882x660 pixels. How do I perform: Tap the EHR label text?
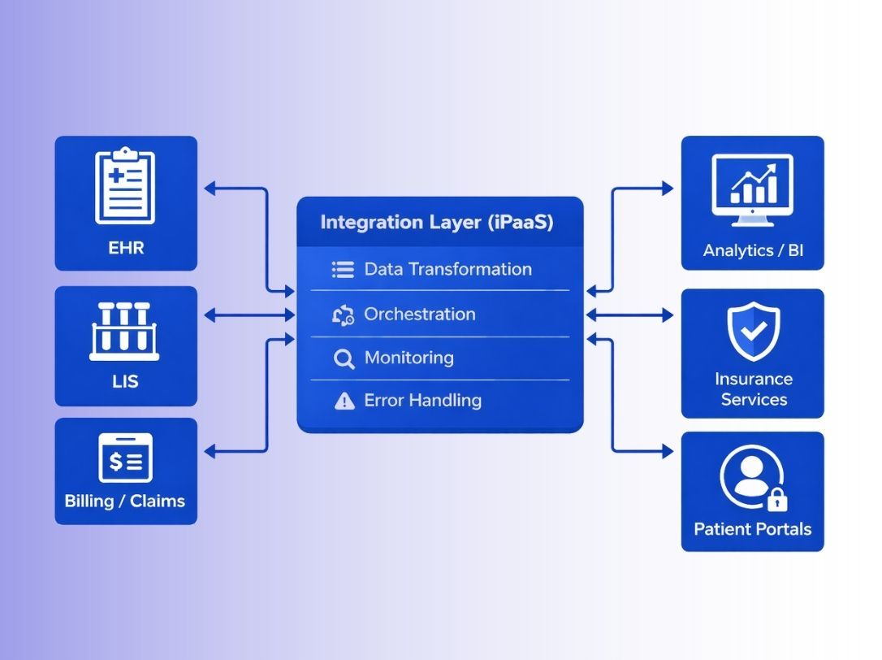tap(125, 247)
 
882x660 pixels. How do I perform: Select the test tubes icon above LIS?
tap(124, 331)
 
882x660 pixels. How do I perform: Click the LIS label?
tap(125, 380)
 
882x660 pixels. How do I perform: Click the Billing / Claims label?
tap(125, 501)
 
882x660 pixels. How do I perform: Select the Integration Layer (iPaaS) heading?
tap(437, 223)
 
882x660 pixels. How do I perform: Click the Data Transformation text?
tap(447, 269)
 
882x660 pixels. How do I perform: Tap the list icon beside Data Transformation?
tap(344, 270)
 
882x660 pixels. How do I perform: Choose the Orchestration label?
tap(420, 314)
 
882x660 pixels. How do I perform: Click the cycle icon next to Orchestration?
tap(344, 315)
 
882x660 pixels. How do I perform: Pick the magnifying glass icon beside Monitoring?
tap(344, 358)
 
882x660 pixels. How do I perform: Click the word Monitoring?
tap(409, 358)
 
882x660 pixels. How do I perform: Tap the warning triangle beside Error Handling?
tap(344, 401)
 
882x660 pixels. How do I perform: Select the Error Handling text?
tap(422, 400)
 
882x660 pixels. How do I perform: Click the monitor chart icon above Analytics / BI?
tap(752, 186)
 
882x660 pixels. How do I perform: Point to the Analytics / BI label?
tap(753, 250)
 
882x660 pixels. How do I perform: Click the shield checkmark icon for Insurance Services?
tap(753, 331)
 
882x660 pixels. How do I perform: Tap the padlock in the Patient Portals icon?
tap(776, 498)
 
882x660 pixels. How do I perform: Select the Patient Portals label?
tap(752, 529)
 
